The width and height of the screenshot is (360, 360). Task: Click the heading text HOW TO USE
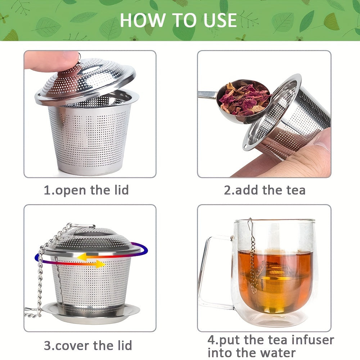pyautogui.click(x=178, y=20)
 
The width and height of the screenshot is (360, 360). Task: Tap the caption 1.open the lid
pyautogui.click(x=86, y=190)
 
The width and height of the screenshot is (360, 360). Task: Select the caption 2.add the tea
pyautogui.click(x=265, y=190)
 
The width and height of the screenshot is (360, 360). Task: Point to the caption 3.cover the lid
pyautogui.click(x=88, y=346)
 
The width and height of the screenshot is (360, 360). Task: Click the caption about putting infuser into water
pyautogui.click(x=270, y=346)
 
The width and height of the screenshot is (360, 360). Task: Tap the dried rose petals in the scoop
pyautogui.click(x=245, y=98)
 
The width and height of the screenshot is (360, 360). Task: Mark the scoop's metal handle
pyautogui.click(x=207, y=95)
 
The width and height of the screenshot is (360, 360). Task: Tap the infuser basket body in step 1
pyautogui.click(x=88, y=137)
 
